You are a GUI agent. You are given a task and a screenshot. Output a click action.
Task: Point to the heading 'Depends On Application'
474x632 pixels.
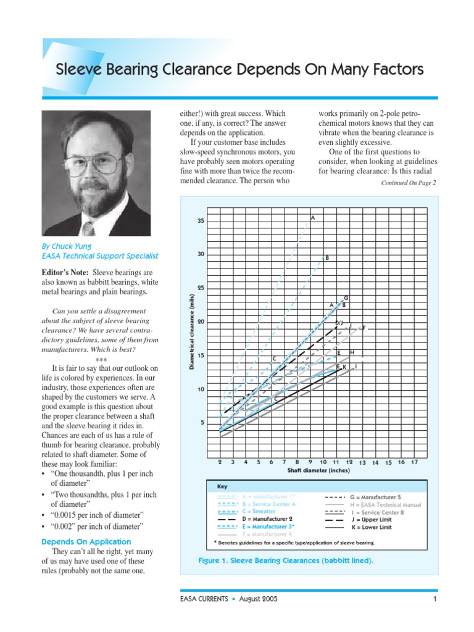click(86, 541)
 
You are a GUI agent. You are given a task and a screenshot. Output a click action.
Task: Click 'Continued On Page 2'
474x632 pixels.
click(408, 183)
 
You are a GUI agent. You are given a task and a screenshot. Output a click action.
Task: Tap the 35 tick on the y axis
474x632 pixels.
click(201, 221)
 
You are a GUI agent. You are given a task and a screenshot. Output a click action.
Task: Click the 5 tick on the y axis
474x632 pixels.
click(202, 423)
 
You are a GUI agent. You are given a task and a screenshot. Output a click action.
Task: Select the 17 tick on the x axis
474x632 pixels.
click(414, 462)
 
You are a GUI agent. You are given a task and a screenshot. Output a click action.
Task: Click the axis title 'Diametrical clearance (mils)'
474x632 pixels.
click(192, 332)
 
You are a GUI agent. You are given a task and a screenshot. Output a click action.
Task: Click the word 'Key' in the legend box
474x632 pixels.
click(222, 486)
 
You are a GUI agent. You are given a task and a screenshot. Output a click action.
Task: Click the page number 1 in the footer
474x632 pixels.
click(434, 599)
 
